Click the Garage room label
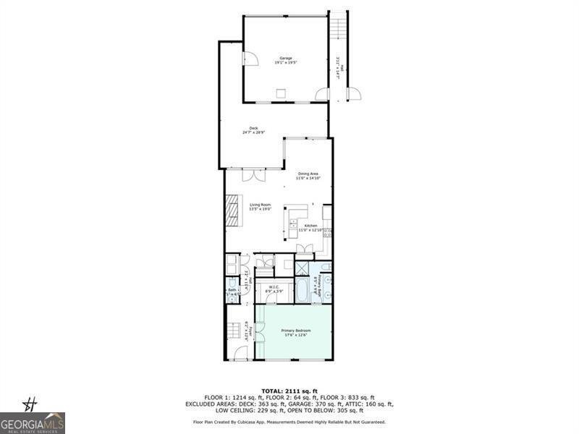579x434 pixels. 286,60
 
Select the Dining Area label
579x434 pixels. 308,174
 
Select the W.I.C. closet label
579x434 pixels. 274,288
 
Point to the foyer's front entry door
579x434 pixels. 240,354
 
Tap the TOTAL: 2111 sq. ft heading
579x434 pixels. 289,391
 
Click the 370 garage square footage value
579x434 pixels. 355,403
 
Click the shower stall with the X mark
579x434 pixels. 303,269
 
